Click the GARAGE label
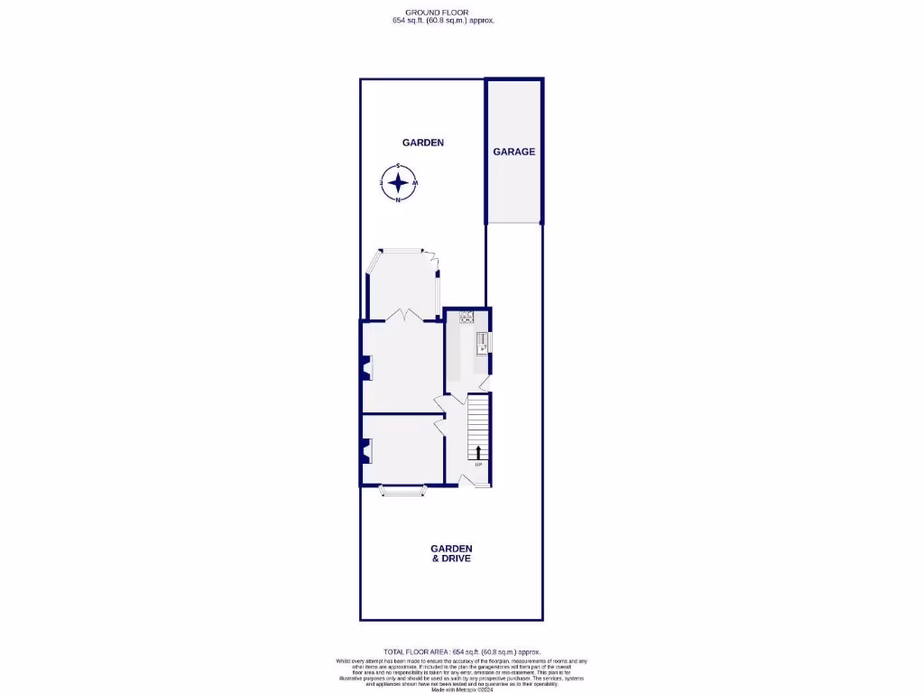[x=513, y=152]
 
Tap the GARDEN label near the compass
[x=422, y=143]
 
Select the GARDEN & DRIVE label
[x=451, y=553]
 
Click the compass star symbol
[x=398, y=183]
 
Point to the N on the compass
[x=398, y=200]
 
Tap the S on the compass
[x=398, y=166]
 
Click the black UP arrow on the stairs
[x=478, y=451]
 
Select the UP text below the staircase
[x=478, y=465]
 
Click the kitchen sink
[x=483, y=342]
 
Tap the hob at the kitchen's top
[x=467, y=316]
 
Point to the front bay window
[x=402, y=491]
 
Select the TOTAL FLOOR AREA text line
[x=461, y=651]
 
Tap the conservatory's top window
[x=402, y=250]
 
